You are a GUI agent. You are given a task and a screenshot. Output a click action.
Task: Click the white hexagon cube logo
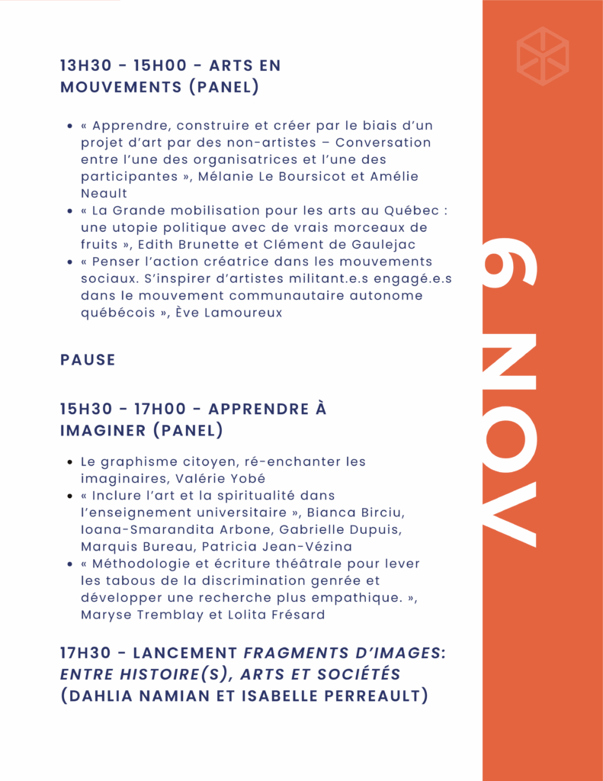point(542,56)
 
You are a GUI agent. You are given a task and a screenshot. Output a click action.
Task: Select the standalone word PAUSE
point(88,360)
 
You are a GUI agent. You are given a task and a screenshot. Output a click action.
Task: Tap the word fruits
point(101,244)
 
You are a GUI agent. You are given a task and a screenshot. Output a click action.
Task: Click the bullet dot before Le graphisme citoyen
point(70,462)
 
